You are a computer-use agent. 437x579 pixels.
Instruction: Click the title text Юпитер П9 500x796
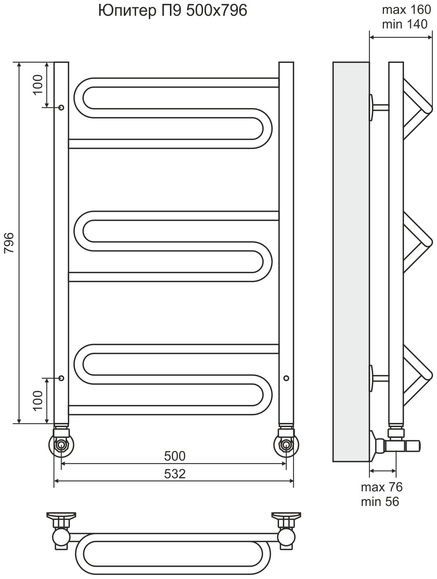173,11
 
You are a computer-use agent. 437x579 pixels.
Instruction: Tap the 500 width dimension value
174,456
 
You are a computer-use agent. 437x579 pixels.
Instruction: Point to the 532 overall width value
174,474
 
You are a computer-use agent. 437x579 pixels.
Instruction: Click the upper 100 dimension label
38,85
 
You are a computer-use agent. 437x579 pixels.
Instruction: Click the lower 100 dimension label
38,400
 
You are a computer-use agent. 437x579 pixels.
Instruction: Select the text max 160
405,10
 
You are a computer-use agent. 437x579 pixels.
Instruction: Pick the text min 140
405,24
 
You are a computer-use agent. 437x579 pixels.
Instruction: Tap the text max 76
381,487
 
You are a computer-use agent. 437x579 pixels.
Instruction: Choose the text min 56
380,501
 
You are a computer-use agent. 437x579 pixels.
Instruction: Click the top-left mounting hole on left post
61,107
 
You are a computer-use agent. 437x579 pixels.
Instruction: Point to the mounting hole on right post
286,378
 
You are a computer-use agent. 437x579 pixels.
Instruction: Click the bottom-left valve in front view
61,446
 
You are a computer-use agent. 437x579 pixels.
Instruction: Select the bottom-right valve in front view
286,446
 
